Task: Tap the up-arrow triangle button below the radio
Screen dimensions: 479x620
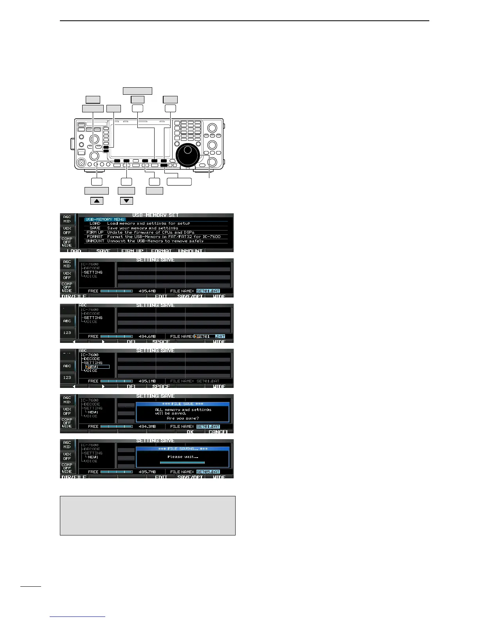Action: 97,201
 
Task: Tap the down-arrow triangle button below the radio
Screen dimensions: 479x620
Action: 126,201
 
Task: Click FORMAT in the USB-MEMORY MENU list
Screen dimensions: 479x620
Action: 95,236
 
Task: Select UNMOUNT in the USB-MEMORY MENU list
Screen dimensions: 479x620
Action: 95,241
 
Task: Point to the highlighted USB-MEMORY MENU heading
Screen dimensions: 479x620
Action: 104,219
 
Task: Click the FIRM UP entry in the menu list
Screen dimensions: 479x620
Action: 95,232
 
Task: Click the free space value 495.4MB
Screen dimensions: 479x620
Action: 148,291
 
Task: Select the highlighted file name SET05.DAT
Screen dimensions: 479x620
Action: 208,472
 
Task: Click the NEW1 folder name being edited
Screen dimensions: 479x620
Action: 94,367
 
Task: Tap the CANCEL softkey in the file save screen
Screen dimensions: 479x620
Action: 218,432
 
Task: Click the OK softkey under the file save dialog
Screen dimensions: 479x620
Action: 190,432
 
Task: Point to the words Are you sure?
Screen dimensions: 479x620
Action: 183,418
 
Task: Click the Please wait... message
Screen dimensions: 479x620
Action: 183,456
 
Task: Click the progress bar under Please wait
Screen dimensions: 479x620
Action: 182,463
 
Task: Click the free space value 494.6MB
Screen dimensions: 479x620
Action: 148,337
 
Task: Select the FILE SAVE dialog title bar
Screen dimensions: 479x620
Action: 183,404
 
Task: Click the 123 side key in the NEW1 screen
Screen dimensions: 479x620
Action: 67,378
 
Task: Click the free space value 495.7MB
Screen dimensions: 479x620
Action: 148,472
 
